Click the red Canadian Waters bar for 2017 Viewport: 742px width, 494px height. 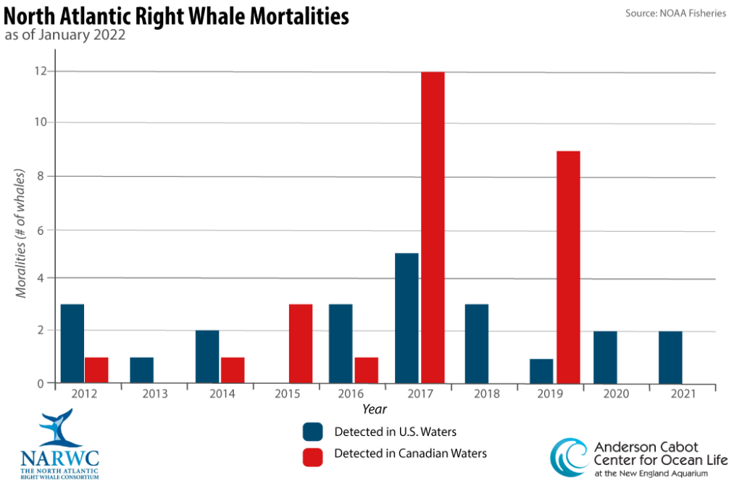[433, 227]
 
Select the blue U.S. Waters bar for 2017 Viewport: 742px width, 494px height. [407, 318]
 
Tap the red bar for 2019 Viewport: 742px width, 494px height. [568, 267]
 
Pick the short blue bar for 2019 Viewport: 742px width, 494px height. [541, 371]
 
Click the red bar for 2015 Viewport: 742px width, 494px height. [301, 343]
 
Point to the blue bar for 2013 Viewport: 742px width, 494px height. [142, 370]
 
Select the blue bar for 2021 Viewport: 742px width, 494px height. [670, 357]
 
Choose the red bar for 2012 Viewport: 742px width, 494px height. [96, 370]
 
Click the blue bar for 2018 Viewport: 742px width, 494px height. [476, 343]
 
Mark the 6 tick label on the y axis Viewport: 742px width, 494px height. [41, 230]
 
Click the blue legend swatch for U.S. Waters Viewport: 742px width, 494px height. [313, 432]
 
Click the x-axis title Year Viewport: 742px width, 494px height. [375, 410]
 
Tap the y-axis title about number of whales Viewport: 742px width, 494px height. [21, 234]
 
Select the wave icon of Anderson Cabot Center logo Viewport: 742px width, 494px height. [569, 458]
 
